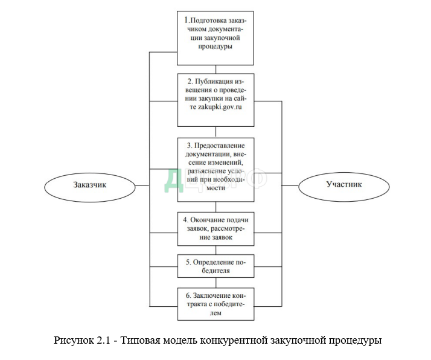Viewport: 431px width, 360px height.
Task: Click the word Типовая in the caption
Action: (138, 340)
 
